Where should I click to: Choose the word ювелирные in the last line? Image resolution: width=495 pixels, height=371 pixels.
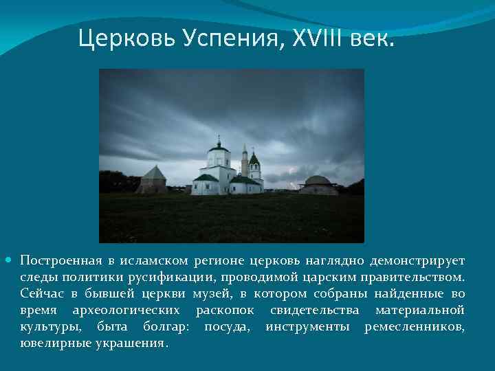(54, 343)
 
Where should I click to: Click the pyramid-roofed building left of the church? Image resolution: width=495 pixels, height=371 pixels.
(153, 181)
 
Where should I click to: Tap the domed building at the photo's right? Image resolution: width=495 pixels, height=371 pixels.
(318, 185)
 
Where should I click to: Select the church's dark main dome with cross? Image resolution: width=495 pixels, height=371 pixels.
(219, 146)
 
